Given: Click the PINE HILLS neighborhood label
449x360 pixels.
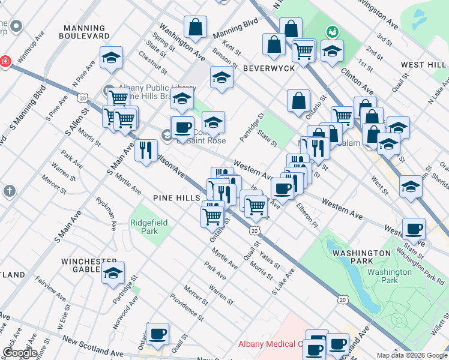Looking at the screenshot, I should click(175, 197).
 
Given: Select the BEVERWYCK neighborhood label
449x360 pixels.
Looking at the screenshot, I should click(268, 68).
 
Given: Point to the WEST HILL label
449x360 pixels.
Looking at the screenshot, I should click(423, 65).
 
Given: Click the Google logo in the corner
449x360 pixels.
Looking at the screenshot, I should click(20, 352).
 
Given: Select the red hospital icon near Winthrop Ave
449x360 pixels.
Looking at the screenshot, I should click(5, 62).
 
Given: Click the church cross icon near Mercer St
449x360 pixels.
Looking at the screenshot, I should click(9, 191).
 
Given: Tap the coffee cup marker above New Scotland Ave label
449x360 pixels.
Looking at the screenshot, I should click(157, 334).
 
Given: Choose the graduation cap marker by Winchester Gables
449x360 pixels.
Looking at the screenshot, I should click(113, 273).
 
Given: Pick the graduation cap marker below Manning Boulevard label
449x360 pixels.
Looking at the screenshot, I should click(111, 58).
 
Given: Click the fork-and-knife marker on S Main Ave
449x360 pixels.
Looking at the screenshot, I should click(145, 150).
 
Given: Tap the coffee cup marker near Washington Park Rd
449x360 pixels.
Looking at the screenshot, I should click(414, 229).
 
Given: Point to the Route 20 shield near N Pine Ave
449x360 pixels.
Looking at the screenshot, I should click(82, 97).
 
